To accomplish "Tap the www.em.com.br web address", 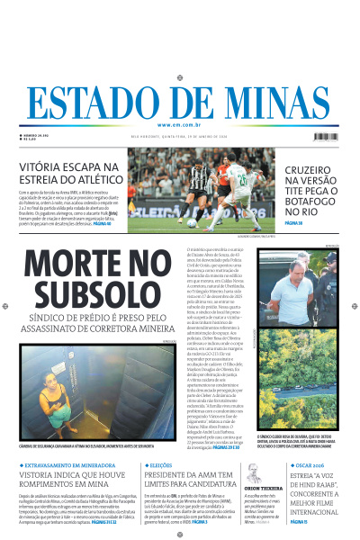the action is point(180,125).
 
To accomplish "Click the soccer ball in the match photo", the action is point(192,222).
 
